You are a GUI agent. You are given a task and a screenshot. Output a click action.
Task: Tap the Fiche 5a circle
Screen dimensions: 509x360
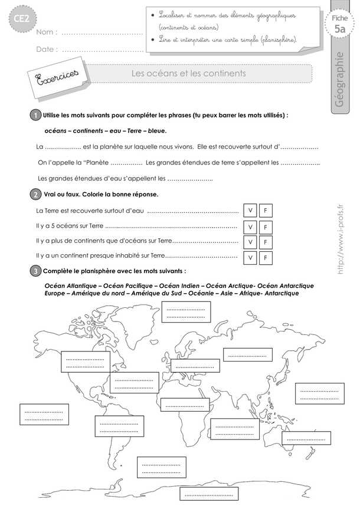(339, 25)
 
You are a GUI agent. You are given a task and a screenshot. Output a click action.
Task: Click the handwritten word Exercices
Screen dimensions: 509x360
(54, 78)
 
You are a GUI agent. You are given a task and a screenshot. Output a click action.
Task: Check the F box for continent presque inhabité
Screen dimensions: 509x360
(266, 258)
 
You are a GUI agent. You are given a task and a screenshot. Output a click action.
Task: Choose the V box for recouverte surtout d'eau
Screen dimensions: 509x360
(250, 211)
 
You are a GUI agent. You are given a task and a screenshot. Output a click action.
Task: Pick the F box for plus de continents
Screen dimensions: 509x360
(266, 242)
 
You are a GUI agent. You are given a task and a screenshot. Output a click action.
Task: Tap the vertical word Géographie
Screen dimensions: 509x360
(339, 80)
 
